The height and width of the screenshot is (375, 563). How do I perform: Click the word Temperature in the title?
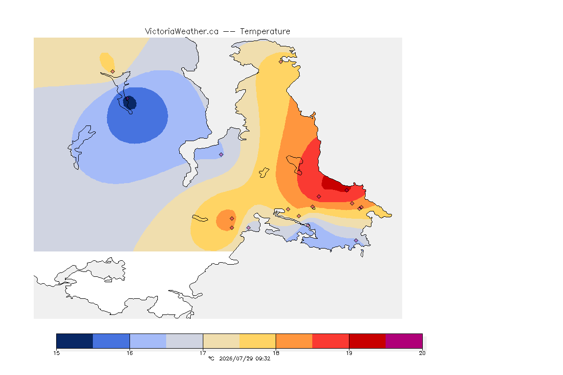(x=265, y=32)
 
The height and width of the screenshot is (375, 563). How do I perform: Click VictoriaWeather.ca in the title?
(x=182, y=32)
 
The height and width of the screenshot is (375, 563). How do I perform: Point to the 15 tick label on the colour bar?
(x=56, y=353)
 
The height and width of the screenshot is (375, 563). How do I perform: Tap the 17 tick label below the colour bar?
(x=203, y=353)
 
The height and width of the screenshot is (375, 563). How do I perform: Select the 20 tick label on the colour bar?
(x=422, y=353)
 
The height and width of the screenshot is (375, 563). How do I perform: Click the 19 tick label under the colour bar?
(x=349, y=353)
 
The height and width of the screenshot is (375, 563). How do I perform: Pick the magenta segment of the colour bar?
(x=404, y=341)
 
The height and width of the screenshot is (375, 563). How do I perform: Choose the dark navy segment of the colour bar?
(x=75, y=341)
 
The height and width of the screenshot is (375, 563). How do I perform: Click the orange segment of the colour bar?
(x=294, y=341)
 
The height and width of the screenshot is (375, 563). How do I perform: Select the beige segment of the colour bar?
(x=221, y=341)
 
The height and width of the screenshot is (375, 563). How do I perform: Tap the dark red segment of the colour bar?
(x=368, y=341)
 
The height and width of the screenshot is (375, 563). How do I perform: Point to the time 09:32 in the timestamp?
(x=263, y=358)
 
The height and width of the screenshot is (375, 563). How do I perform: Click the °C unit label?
(x=211, y=358)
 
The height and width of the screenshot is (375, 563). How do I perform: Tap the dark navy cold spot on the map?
(x=130, y=103)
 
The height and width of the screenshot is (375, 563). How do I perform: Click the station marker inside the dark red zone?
(x=346, y=190)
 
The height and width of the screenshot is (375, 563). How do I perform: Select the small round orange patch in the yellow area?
(x=226, y=220)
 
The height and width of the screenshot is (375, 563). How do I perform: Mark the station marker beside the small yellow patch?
(x=113, y=72)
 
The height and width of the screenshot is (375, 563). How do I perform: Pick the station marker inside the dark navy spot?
(x=127, y=98)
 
